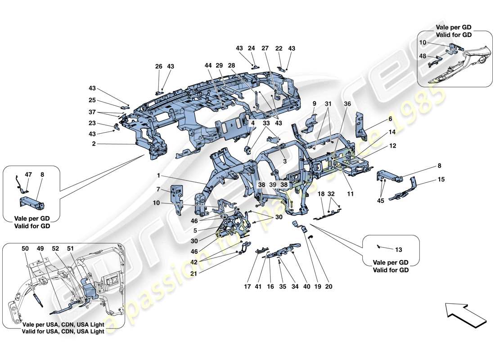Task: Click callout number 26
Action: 159,67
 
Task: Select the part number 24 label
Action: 251,48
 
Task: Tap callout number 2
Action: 94,144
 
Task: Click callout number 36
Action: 347,104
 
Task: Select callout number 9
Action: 315,103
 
